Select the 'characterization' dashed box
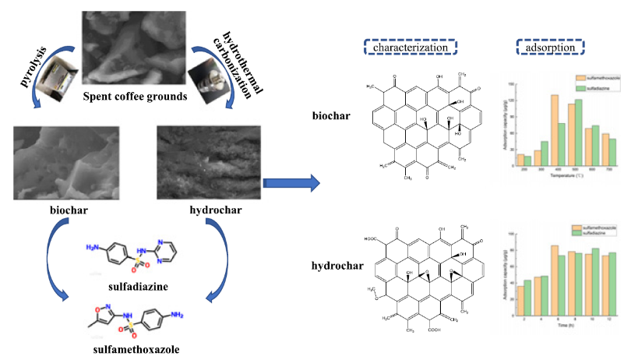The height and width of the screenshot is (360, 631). pos(411,48)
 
